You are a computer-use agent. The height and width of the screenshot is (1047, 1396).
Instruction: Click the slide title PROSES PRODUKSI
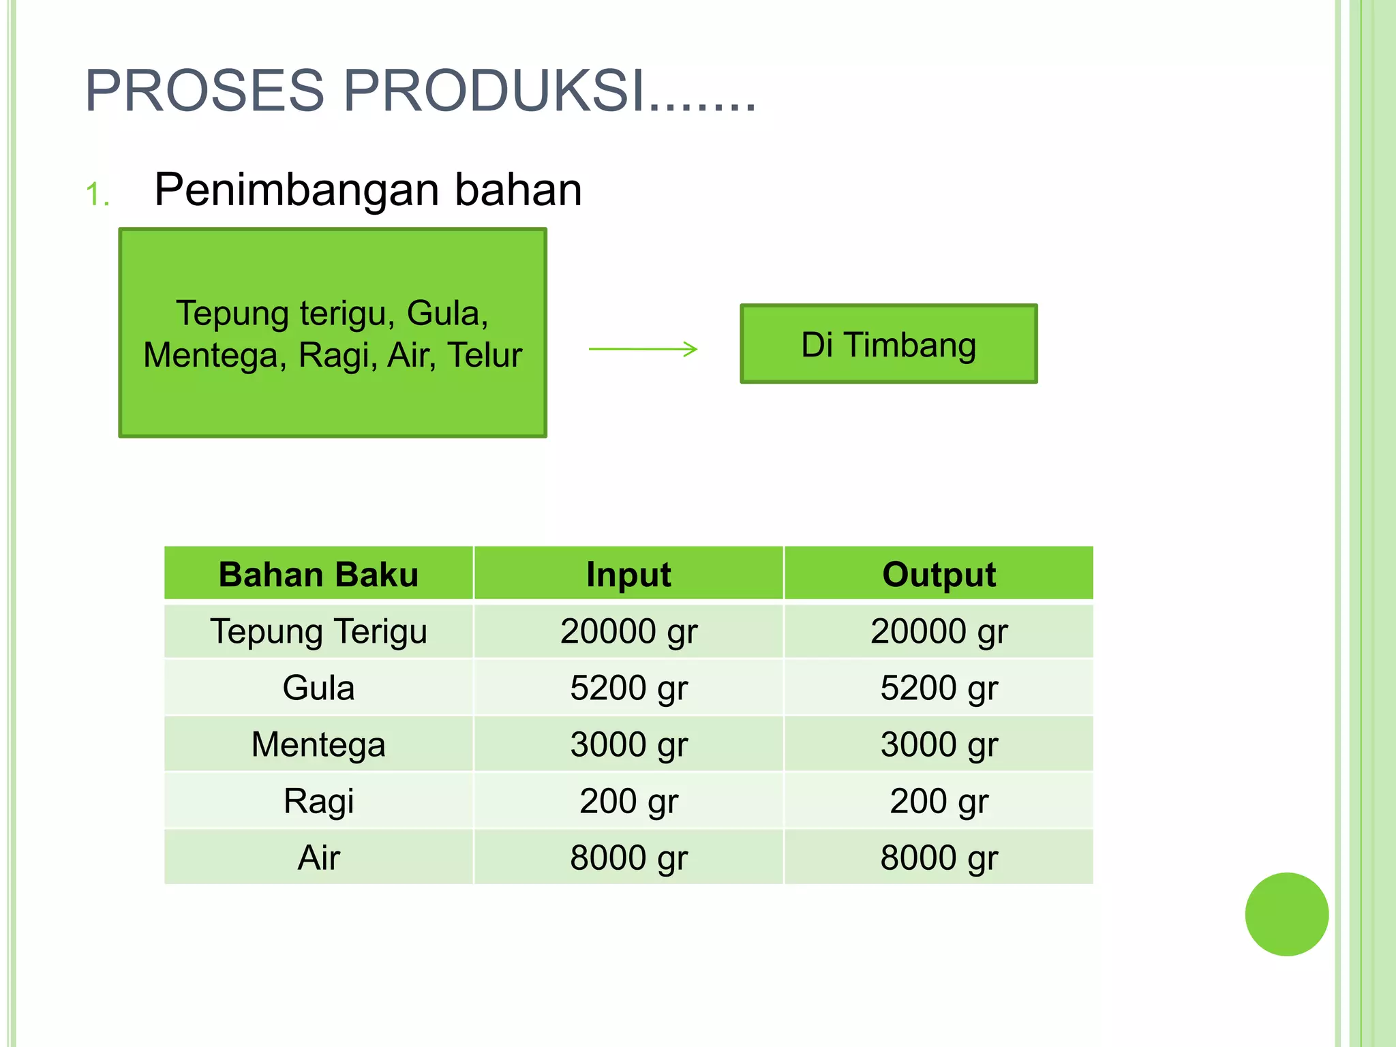(421, 91)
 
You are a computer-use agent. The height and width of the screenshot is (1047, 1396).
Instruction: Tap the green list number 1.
(97, 194)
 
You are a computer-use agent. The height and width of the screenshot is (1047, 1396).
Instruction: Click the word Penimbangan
(296, 189)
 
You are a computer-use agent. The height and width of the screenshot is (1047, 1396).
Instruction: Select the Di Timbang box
(888, 344)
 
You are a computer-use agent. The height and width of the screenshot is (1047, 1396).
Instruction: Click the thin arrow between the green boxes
(643, 349)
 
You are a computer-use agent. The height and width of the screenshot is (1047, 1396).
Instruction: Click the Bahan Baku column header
(318, 574)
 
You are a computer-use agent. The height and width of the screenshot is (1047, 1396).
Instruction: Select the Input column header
(628, 574)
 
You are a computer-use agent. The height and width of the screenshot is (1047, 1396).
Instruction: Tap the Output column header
(939, 574)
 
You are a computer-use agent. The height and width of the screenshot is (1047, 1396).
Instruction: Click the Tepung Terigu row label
(318, 631)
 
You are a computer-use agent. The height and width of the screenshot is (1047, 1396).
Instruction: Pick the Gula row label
(318, 688)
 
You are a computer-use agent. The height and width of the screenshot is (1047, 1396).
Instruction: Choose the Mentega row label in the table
(318, 744)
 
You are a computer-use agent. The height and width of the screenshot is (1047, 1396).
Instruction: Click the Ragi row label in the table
(318, 801)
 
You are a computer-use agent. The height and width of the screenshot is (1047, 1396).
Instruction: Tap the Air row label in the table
(318, 858)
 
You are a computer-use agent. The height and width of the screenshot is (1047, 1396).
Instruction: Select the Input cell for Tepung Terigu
(628, 631)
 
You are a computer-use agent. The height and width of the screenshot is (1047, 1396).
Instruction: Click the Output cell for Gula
(939, 688)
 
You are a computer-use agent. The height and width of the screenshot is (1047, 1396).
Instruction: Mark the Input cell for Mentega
(628, 744)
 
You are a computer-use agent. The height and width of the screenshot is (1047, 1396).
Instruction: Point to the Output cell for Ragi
(939, 801)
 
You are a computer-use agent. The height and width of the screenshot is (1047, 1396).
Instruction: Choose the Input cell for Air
(628, 858)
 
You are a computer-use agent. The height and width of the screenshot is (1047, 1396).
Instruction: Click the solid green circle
(1286, 914)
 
